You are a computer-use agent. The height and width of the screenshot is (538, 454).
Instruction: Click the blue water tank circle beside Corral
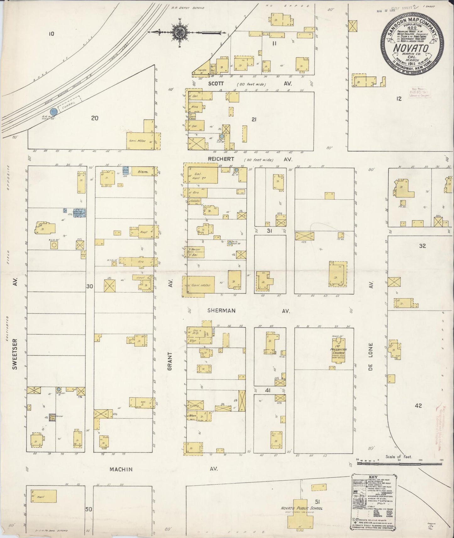point(54,111)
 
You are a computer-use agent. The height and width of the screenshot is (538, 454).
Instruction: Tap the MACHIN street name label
point(121,470)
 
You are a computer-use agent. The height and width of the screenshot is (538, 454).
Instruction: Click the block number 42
point(418,406)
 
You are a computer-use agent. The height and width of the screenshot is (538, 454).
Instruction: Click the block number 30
point(90,286)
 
